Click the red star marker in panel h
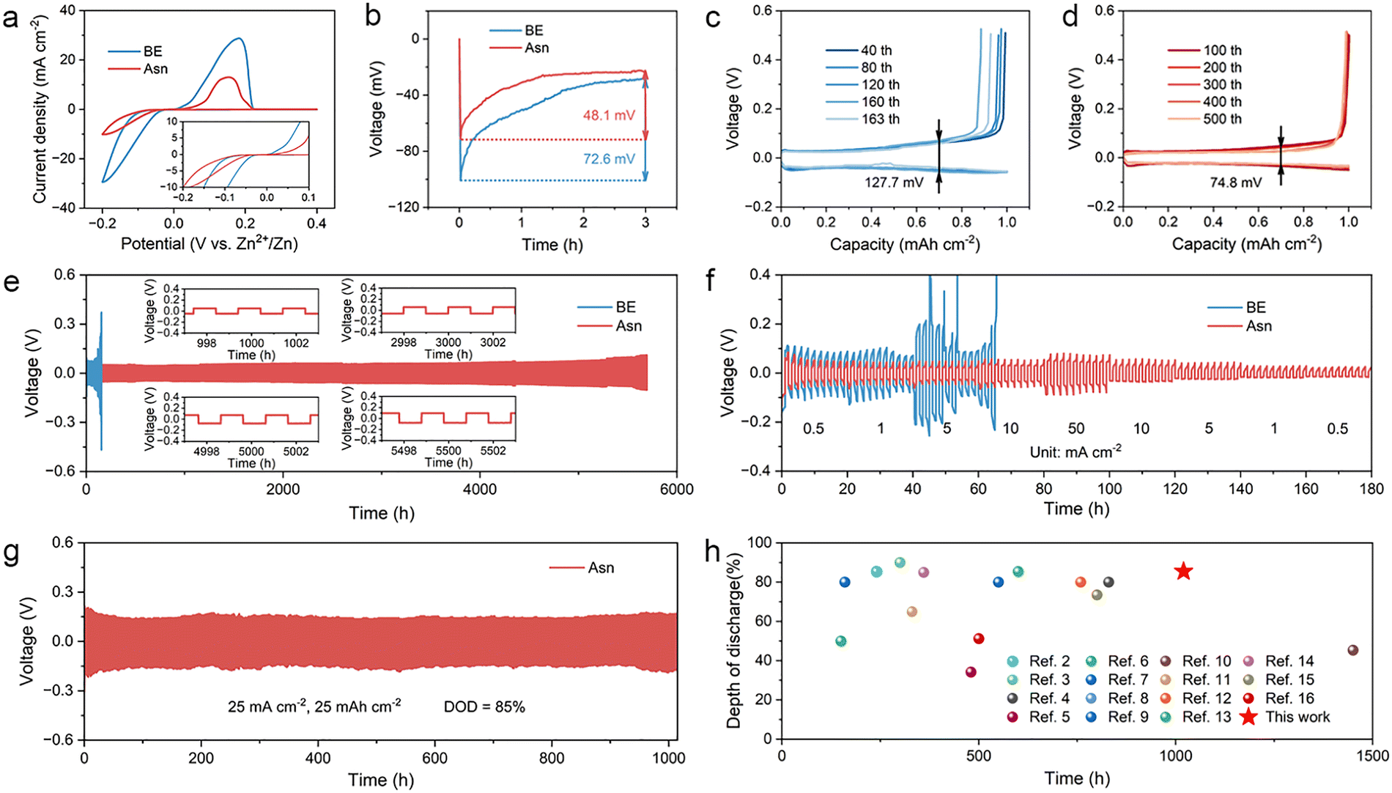(1183, 571)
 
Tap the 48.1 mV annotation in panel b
(609, 115)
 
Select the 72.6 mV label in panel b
(609, 159)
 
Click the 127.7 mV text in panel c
(894, 182)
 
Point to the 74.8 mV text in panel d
(1236, 182)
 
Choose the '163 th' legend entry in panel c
(880, 119)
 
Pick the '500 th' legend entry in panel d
(1222, 119)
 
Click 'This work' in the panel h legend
(1297, 717)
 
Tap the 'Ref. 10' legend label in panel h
(1207, 661)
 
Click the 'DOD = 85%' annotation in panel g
(484, 707)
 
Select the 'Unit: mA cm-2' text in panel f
(1076, 451)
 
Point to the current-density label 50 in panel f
(1076, 428)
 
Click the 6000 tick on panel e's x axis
(676, 490)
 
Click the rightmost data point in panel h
(1352, 650)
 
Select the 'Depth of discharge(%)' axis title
(733, 641)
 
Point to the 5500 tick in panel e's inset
(448, 451)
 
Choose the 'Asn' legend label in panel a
(155, 69)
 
